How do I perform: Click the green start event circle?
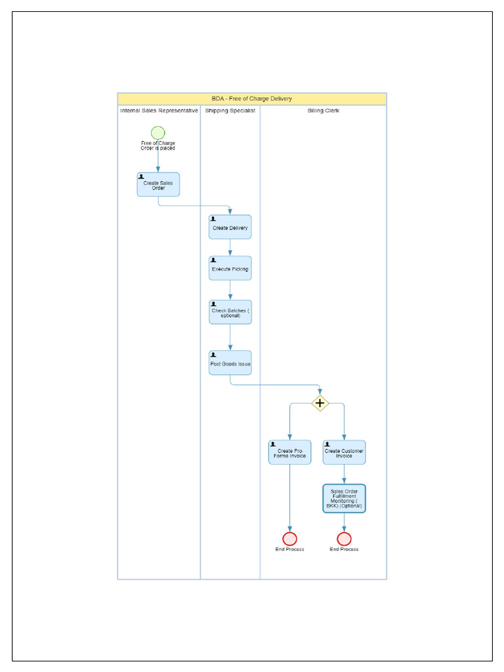[x=157, y=133]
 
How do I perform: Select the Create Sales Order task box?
[x=158, y=184]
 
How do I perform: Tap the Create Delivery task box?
[x=230, y=227]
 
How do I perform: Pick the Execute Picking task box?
[x=230, y=268]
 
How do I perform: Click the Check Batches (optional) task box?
[x=230, y=312]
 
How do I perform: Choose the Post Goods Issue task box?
[x=230, y=363]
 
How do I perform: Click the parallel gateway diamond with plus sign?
[x=320, y=403]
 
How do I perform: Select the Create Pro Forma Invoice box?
[x=289, y=453]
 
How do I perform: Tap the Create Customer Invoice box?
[x=344, y=453]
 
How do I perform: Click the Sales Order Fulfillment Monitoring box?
[x=344, y=499]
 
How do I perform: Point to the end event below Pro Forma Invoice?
[x=289, y=539]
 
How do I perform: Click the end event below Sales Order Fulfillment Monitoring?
[x=344, y=539]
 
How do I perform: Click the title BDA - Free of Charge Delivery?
[x=252, y=98]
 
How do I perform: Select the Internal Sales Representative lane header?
[x=159, y=111]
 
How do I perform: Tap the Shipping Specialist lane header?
[x=230, y=111]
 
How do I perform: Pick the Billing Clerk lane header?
[x=323, y=111]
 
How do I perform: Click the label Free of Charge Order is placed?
[x=157, y=146]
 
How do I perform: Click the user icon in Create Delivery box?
[x=213, y=219]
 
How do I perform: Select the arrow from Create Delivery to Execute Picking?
[x=230, y=247]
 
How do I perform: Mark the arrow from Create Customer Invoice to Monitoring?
[x=344, y=474]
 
